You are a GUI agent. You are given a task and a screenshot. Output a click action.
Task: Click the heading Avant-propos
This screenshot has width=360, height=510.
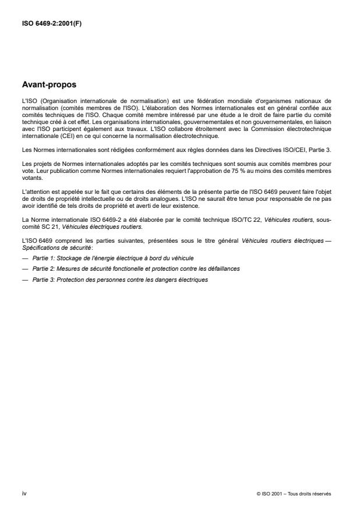pos(50,84)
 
